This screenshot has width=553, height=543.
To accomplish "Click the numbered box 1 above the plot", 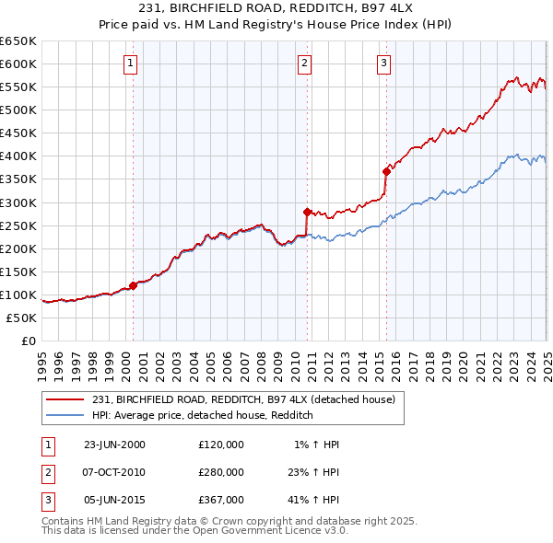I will pos(132,64).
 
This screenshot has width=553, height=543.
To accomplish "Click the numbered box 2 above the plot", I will pos(304,64).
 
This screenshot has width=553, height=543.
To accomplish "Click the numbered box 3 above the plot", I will pos(383,64).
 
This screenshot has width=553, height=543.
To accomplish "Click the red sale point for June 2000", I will pos(133,285).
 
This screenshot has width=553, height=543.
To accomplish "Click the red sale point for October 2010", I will pos(307,211).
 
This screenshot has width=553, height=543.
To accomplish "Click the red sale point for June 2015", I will pos(386,170).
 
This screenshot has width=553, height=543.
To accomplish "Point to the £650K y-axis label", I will pos(18,41).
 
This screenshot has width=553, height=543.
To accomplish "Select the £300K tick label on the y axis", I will pos(18,202).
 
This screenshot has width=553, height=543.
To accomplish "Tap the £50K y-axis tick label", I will pos(21,318).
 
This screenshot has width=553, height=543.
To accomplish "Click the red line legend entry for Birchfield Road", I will pos(243,399).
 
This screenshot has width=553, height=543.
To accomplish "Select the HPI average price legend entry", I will pos(203,415).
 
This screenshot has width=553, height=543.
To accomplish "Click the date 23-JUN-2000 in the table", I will pos(114,445).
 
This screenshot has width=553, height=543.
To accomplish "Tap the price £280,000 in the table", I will pos(221,473).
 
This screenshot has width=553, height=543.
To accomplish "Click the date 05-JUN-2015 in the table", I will pos(114,502).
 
